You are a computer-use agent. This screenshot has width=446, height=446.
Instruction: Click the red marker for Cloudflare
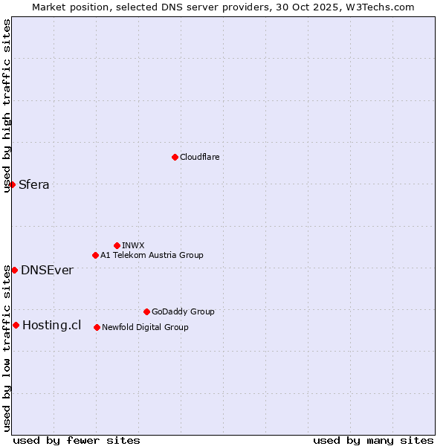point(175,157)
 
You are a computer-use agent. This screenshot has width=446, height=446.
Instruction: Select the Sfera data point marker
point(12,184)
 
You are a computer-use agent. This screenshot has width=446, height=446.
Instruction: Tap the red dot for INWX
point(117,245)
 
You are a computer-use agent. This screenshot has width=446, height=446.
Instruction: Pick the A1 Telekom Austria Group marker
point(95,255)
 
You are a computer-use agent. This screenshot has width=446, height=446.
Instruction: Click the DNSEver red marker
point(14,270)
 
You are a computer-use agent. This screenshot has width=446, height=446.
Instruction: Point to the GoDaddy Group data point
point(146,311)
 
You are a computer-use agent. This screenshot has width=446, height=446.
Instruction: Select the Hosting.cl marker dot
point(16,325)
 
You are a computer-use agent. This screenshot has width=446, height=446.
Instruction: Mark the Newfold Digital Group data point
point(97,327)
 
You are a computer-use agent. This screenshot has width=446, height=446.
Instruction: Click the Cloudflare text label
point(199,157)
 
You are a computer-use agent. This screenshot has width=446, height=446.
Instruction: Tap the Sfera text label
point(34,184)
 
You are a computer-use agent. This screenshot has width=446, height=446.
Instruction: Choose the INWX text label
point(133,245)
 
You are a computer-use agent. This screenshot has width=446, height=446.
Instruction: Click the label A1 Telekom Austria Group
point(152,255)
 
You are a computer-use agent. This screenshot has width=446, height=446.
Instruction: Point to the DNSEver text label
point(47,270)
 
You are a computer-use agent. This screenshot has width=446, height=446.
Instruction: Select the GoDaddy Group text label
point(183,311)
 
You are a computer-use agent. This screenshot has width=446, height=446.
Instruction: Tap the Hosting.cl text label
point(51,325)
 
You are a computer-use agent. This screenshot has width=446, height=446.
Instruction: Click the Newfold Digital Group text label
point(145,327)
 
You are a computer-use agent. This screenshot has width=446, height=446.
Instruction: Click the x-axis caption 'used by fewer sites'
point(77,440)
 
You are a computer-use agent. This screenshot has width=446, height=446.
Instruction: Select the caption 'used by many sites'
point(373,440)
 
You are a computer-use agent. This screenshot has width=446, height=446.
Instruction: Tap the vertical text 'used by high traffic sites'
point(7,106)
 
